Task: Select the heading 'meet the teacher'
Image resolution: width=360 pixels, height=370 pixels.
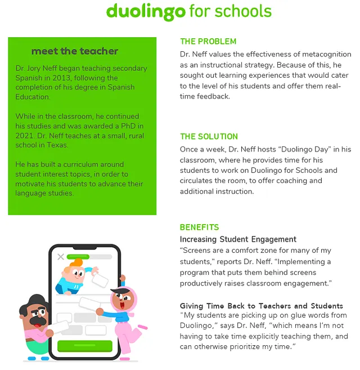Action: (75, 51)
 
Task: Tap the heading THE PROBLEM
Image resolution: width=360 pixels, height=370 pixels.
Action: (208, 41)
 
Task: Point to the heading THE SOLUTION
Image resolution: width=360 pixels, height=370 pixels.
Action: (209, 136)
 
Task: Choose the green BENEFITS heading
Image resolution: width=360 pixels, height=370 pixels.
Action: (199, 228)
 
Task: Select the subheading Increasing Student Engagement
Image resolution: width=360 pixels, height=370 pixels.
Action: (238, 239)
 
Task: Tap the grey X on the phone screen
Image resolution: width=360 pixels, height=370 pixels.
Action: (60, 257)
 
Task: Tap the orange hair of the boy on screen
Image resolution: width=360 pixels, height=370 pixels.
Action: (75, 264)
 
